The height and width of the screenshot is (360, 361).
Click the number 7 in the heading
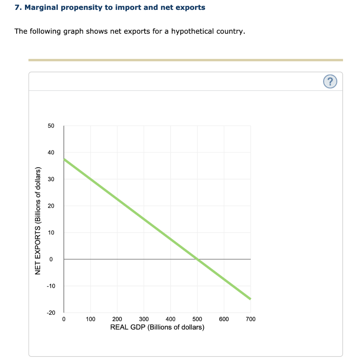click(x=17, y=7)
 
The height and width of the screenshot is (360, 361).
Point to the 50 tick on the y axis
click(x=51, y=126)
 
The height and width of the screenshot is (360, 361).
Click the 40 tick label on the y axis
click(x=51, y=153)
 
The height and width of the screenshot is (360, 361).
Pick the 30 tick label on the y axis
click(x=51, y=179)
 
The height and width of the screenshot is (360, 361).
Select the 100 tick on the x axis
click(x=91, y=319)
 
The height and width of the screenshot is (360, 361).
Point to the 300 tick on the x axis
click(x=144, y=319)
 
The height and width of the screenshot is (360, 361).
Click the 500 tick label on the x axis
click(x=197, y=319)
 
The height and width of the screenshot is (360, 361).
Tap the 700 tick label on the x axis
click(x=251, y=319)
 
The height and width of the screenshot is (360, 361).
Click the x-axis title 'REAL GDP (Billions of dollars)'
click(x=157, y=327)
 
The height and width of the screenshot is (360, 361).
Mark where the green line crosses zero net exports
click(x=197, y=259)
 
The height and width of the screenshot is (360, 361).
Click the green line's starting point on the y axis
click(x=64, y=159)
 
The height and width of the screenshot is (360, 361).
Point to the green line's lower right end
click(x=250, y=299)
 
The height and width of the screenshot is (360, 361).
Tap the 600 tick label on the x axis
click(x=224, y=319)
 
